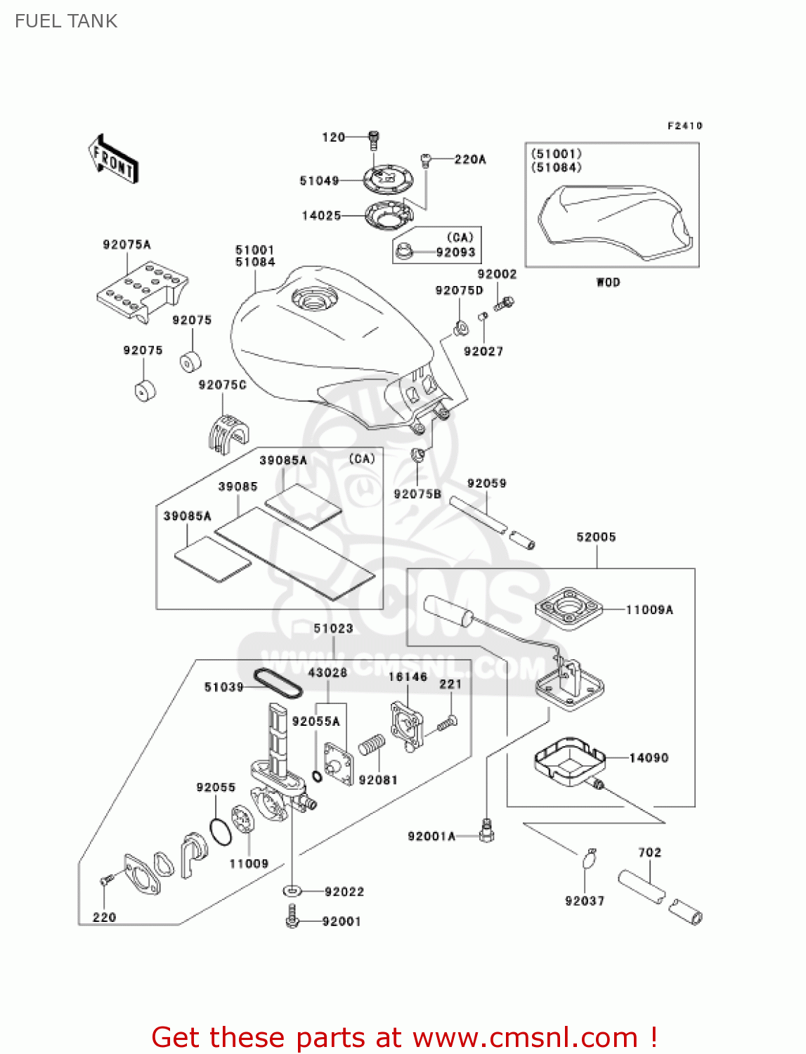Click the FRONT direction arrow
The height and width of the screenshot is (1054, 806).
coord(113,160)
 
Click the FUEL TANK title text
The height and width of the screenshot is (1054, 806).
coord(66,21)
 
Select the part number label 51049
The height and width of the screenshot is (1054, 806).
coord(319,181)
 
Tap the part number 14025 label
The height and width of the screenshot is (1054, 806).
coord(321,216)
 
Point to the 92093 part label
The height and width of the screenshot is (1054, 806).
coord(455,252)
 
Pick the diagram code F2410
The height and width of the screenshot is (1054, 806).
coord(684,126)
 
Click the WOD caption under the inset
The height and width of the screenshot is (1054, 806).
coord(608,282)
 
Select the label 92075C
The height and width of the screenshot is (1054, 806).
coord(222,385)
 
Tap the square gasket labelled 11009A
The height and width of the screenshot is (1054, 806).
coord(569,608)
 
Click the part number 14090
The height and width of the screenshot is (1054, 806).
coord(649,757)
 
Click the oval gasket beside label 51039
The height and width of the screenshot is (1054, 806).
coord(278,684)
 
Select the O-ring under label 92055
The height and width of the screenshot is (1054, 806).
coord(221,831)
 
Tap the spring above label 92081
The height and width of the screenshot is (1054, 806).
coord(372,745)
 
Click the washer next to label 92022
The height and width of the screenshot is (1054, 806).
coord(292,891)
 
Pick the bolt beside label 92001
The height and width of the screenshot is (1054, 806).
coord(293,917)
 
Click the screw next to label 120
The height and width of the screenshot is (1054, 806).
coord(373,140)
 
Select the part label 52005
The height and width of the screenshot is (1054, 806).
coord(596,537)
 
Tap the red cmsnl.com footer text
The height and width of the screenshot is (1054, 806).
coord(404,1037)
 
